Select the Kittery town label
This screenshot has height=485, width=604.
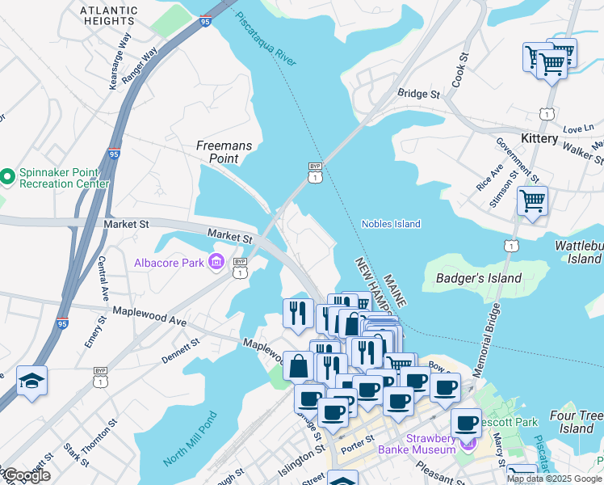click(x=539, y=138)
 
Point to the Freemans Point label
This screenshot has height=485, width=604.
click(x=224, y=152)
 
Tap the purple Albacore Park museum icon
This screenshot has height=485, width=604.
click(x=216, y=261)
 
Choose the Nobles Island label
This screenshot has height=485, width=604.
click(x=391, y=224)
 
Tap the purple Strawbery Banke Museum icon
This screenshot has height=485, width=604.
click(x=466, y=443)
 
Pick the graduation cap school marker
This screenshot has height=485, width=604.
click(x=31, y=382)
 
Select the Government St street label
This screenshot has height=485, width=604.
click(x=517, y=158)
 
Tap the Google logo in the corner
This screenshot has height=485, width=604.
click(x=27, y=475)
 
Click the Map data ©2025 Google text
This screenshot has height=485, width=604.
click(x=554, y=479)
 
